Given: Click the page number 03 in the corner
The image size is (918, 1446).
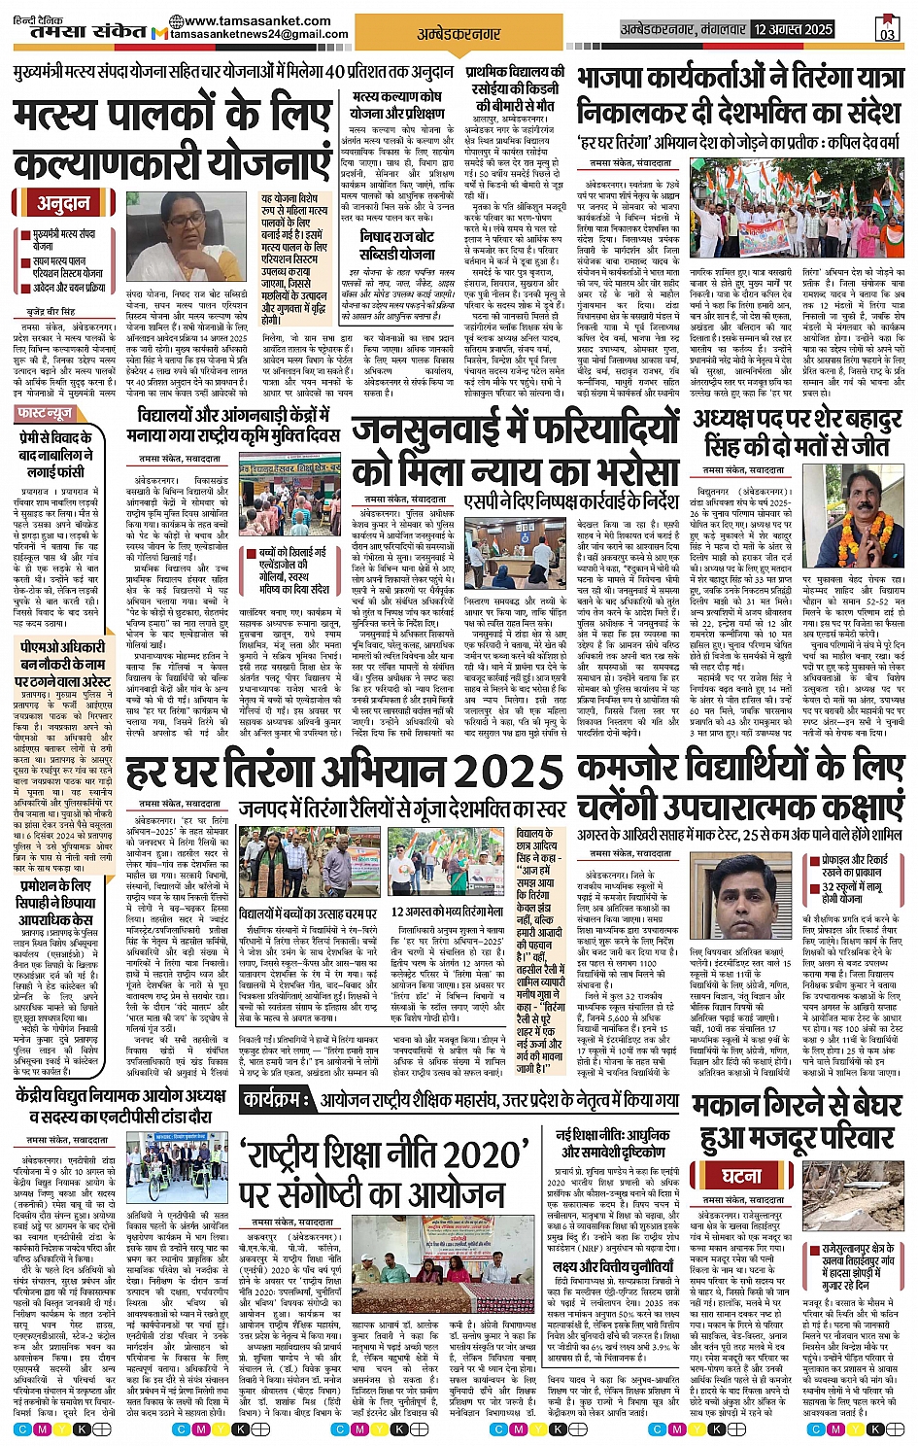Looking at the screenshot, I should (886, 30).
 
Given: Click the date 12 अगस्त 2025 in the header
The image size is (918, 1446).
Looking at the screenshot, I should (794, 29).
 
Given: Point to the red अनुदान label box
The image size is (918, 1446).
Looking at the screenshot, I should (63, 203).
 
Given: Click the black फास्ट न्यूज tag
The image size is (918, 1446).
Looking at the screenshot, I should (46, 413).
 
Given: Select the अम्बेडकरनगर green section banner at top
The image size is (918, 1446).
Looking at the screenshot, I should (459, 34).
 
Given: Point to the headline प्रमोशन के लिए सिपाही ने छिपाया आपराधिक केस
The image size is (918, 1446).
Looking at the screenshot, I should (56, 902).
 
